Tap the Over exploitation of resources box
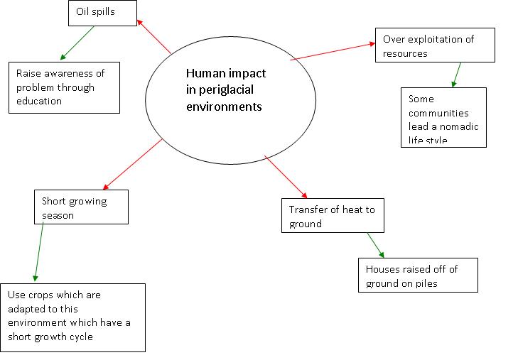point(435,45)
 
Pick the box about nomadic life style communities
point(443,117)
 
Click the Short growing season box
point(81,207)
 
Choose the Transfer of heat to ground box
point(332,216)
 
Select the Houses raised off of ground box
point(418,275)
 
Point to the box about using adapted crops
point(74,317)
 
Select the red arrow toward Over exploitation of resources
point(333,51)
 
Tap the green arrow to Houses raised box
point(374,245)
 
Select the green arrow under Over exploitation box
point(456,74)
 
